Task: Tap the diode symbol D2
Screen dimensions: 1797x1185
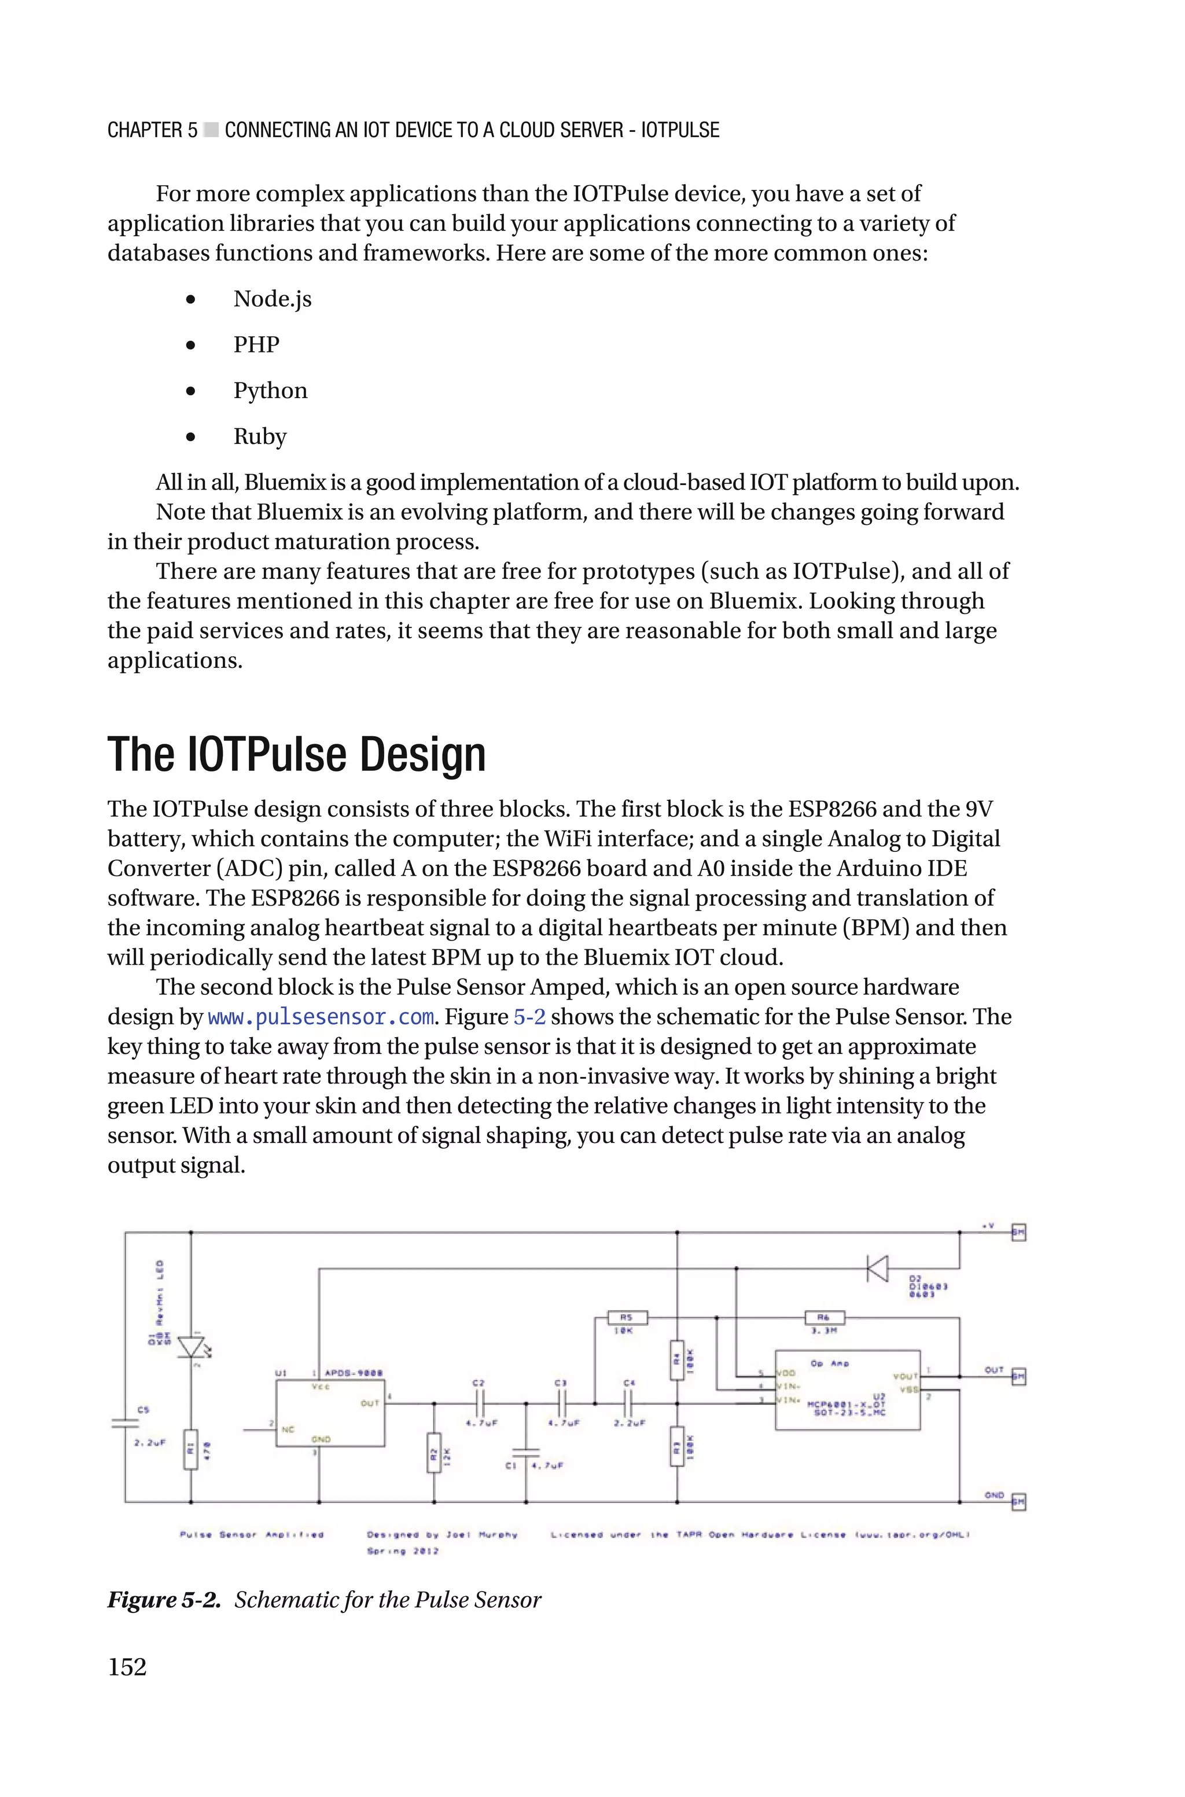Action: [877, 1268]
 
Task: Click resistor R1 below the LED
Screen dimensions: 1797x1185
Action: [191, 1449]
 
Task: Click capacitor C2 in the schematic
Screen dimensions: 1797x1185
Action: [479, 1404]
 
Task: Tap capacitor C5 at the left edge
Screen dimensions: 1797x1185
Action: [126, 1423]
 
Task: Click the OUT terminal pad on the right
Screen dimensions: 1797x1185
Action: [1018, 1376]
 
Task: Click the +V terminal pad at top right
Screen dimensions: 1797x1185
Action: [1018, 1233]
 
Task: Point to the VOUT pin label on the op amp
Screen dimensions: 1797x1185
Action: [904, 1376]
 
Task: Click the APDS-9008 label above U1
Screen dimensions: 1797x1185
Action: [353, 1373]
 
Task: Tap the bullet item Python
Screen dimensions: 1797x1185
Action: [270, 391]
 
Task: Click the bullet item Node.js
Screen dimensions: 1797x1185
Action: [272, 299]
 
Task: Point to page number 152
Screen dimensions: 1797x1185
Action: [127, 1667]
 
